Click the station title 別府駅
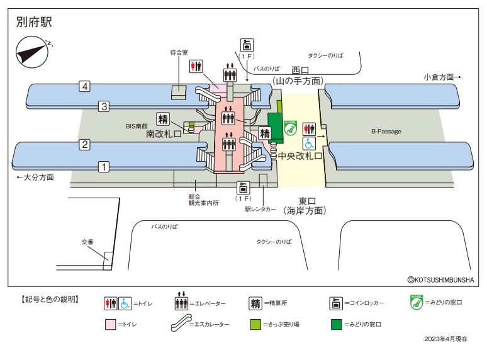pyautogui.click(x=34, y=23)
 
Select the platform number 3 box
pyautogui.click(x=104, y=106)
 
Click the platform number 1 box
pyautogui.click(x=104, y=167)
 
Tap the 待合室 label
pyautogui.click(x=179, y=53)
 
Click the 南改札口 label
pyautogui.click(x=164, y=134)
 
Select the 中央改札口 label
pyautogui.click(x=300, y=155)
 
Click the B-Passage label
pyautogui.click(x=386, y=132)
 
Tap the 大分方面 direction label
pyautogui.click(x=35, y=177)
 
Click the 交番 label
pyautogui.click(x=87, y=242)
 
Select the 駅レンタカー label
pyautogui.click(x=260, y=210)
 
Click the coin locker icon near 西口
pyautogui.click(x=247, y=45)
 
